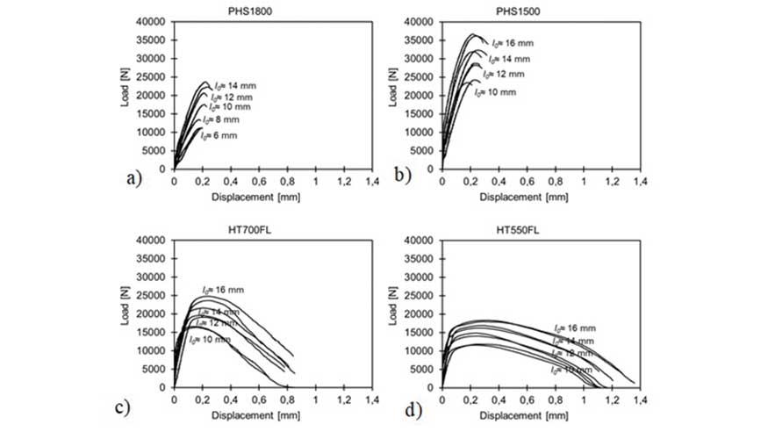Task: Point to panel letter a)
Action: point(133,178)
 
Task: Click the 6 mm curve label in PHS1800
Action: point(219,135)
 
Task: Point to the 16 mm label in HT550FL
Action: point(574,328)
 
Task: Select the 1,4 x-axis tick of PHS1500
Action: point(640,180)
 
